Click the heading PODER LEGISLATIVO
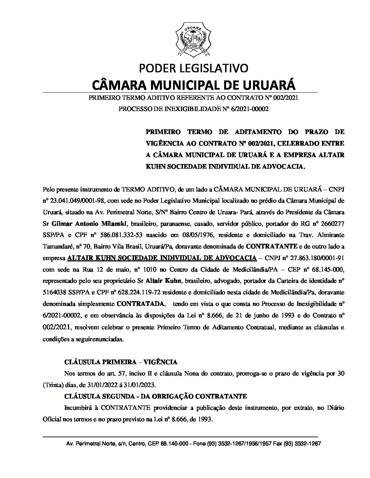click(x=194, y=68)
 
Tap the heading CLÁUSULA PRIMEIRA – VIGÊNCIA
click(x=121, y=362)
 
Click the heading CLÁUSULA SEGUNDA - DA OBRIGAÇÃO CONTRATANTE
click(x=155, y=396)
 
